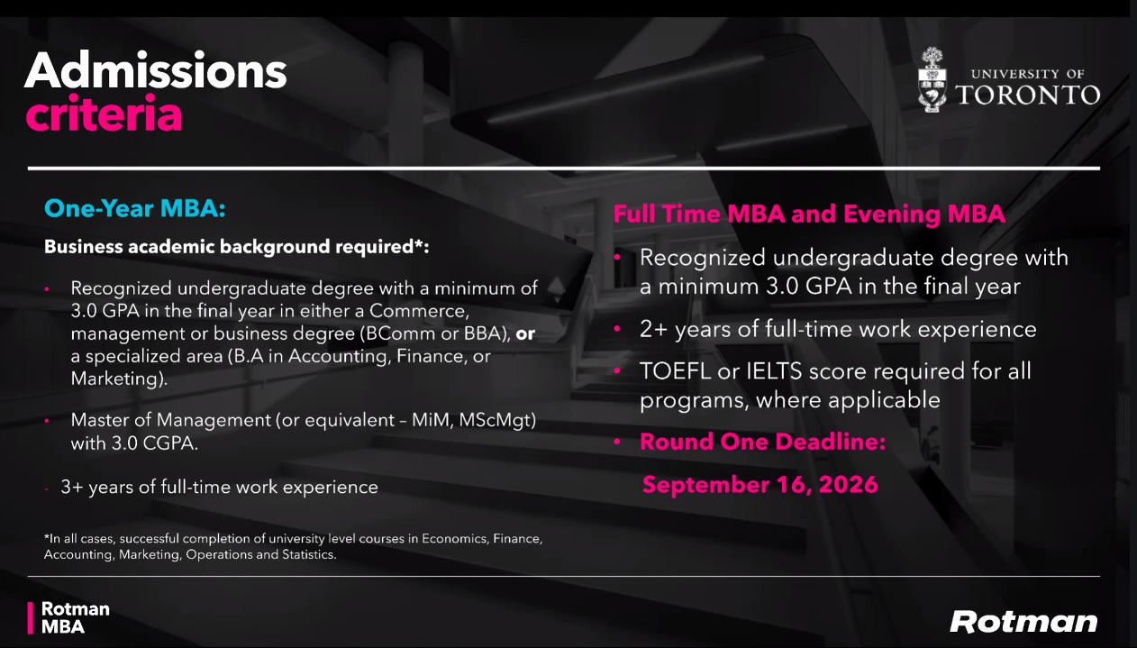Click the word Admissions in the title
coord(155,70)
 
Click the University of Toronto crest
coord(932,79)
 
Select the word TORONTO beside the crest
coord(1028,95)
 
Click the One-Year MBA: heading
coord(134,208)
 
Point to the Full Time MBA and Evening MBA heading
coord(809,214)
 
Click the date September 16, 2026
coord(760,484)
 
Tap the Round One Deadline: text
coord(762,442)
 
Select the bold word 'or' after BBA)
coord(525,333)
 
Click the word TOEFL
coord(675,370)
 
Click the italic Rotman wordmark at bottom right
coord(1023,622)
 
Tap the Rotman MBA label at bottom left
coord(75,617)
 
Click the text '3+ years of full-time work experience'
coord(219,487)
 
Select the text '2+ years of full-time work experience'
coord(838,329)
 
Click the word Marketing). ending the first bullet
coord(119,379)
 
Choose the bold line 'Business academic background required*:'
coord(237,247)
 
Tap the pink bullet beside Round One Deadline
coord(617,442)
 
